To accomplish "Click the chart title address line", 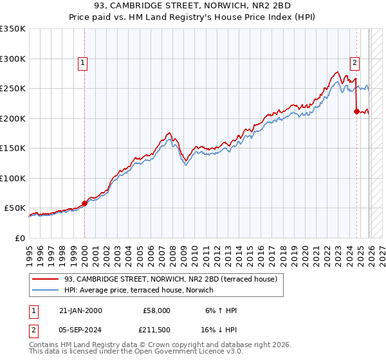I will pyautogui.click(x=193, y=6).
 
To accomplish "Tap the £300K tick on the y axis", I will pyautogui.click(x=13, y=59).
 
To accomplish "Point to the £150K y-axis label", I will pyautogui.click(x=13, y=148).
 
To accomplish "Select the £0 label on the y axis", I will pyautogui.click(x=19, y=238).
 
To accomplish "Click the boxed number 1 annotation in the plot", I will pyautogui.click(x=84, y=63).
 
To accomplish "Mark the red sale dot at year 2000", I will pyautogui.click(x=84, y=203).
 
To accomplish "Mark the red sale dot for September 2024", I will pyautogui.click(x=356, y=111).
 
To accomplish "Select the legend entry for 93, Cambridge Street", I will pyautogui.click(x=170, y=280).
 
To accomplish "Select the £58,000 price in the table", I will pyautogui.click(x=156, y=310).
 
